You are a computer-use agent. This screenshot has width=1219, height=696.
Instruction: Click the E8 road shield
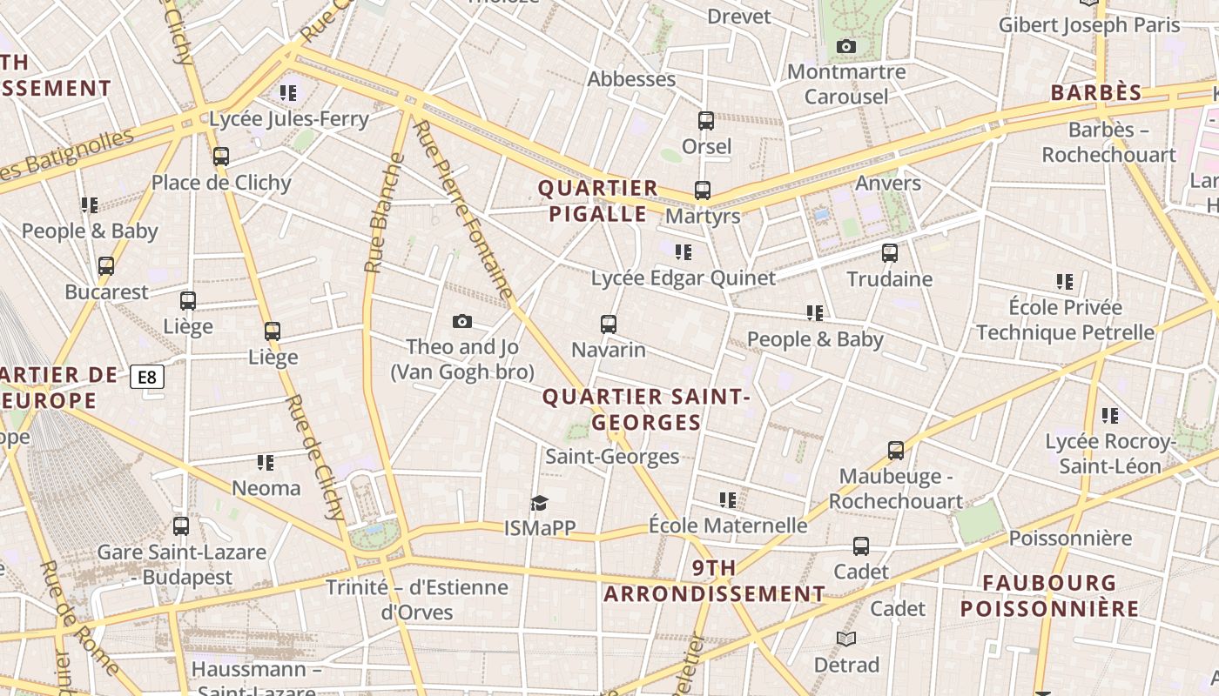point(147,377)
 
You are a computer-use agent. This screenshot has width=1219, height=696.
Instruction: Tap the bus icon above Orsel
point(705,121)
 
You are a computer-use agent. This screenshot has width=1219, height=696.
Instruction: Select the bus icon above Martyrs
point(702,190)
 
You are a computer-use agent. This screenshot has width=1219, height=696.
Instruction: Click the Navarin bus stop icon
point(609,325)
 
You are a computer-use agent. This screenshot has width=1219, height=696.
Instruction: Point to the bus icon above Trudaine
point(889,253)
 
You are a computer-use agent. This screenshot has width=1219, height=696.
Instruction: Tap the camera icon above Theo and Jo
point(462,322)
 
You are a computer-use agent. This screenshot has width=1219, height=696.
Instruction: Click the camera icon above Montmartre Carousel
point(845,47)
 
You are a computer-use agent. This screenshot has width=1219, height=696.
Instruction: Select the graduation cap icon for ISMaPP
point(540,503)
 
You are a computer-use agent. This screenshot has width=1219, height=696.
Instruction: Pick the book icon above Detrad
point(846,639)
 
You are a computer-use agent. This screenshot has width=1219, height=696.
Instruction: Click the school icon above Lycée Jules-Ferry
point(288,93)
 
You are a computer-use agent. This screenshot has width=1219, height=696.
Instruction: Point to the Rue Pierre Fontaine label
point(461,210)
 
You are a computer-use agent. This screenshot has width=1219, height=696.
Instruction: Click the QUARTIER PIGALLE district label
point(598,201)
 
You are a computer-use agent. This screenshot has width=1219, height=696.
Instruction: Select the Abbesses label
point(631,79)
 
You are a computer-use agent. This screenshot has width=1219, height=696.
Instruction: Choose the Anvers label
point(888,183)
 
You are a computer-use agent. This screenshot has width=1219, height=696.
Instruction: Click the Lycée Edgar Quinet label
point(683,278)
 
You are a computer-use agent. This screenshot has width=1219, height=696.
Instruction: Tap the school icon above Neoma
point(266,463)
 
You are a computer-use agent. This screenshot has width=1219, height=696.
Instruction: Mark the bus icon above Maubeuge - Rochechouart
point(895,451)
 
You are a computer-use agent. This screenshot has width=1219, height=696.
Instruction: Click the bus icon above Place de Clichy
point(221,157)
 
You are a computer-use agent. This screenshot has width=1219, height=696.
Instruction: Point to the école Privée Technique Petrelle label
point(1065,320)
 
